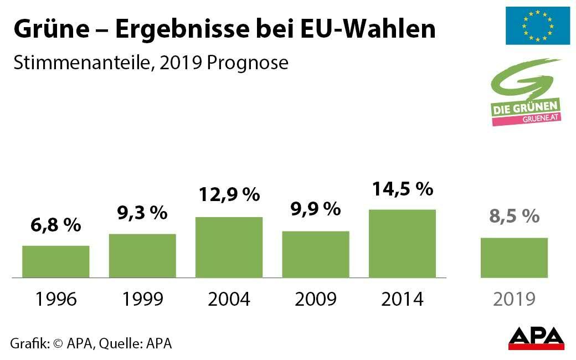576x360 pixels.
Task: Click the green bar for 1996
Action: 56,261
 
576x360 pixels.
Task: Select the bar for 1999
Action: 142,255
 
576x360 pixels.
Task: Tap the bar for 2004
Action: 229,247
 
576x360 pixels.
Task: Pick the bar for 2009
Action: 316,254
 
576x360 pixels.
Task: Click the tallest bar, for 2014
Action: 402,243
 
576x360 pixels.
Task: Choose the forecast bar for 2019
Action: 514,258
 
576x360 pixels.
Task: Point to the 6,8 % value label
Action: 55,225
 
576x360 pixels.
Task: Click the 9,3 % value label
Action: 142,213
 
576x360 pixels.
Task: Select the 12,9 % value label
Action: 229,194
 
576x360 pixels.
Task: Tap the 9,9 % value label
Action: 316,209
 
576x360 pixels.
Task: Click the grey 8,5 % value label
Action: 514,216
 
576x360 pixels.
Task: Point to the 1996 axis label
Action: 56,299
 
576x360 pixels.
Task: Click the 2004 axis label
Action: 229,299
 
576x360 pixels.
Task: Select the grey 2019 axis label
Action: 514,299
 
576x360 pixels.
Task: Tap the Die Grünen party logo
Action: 527,92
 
